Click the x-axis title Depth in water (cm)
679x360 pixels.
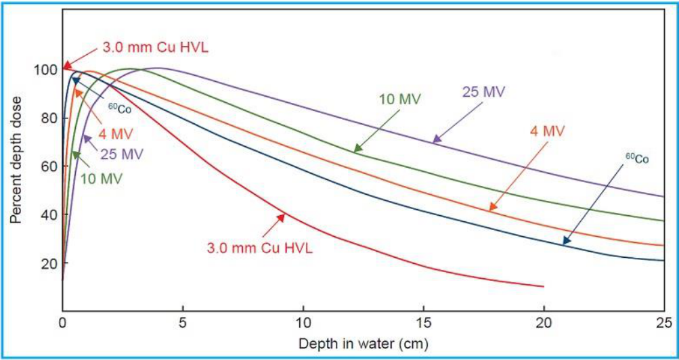[364, 344]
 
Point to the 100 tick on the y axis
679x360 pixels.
[47, 70]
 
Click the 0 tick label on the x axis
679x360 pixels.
[63, 322]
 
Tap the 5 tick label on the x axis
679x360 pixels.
[183, 322]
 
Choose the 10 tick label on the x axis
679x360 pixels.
[303, 322]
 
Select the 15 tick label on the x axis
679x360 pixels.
[424, 322]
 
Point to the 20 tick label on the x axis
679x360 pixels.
[544, 322]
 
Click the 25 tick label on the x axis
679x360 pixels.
[663, 322]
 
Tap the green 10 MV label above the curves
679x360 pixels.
[400, 99]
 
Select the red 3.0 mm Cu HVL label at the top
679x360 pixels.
[156, 46]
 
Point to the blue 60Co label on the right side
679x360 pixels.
[637, 158]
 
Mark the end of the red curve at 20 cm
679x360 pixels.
[544, 286]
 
